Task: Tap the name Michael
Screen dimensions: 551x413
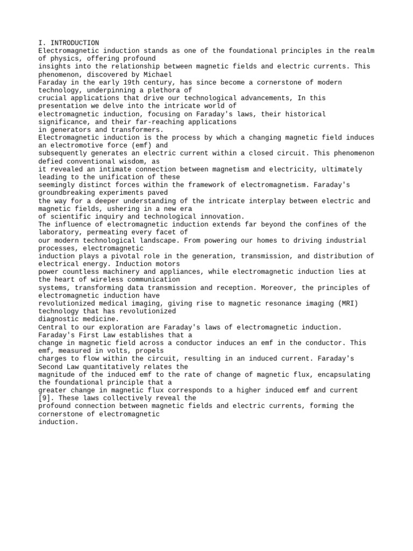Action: (158, 74)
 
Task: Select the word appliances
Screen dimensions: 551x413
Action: (178, 272)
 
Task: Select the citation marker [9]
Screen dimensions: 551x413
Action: (45, 398)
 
